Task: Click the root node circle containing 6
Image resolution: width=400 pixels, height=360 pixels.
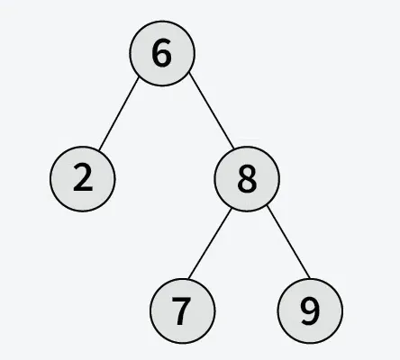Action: pyautogui.click(x=162, y=53)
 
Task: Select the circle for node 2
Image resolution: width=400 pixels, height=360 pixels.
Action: pyautogui.click(x=83, y=179)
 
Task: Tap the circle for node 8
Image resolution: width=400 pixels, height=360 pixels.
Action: pyautogui.click(x=247, y=179)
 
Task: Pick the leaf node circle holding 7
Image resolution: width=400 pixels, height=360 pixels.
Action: pyautogui.click(x=183, y=310)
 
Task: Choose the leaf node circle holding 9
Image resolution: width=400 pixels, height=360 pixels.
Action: pyautogui.click(x=310, y=310)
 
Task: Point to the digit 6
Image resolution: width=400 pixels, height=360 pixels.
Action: pyautogui.click(x=162, y=53)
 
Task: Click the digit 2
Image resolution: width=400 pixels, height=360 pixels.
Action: pyautogui.click(x=83, y=178)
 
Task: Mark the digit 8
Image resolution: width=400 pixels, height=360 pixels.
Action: pyautogui.click(x=247, y=179)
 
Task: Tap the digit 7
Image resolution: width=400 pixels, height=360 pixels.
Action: pyautogui.click(x=182, y=311)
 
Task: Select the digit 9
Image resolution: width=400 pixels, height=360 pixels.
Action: pyautogui.click(x=310, y=311)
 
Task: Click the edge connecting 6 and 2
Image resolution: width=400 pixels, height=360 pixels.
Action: pyautogui.click(x=119, y=113)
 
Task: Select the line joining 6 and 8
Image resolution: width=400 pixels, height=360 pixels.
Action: pyautogui.click(x=212, y=111)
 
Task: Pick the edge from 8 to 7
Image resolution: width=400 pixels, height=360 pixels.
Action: pyautogui.click(x=210, y=243)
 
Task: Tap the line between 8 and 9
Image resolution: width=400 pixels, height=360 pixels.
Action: pyautogui.click(x=288, y=242)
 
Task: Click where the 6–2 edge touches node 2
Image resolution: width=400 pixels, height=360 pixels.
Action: pyautogui.click(x=99, y=150)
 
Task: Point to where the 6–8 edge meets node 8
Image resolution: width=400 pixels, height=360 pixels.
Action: pyautogui.click(x=233, y=148)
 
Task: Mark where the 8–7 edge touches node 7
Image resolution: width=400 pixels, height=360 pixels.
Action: pyautogui.click(x=189, y=279)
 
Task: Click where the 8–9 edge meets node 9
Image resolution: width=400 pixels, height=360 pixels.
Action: pyautogui.click(x=310, y=278)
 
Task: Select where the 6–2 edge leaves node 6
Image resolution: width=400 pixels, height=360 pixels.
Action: pyautogui.click(x=139, y=77)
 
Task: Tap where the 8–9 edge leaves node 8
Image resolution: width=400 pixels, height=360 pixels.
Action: pyautogui.click(x=267, y=205)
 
